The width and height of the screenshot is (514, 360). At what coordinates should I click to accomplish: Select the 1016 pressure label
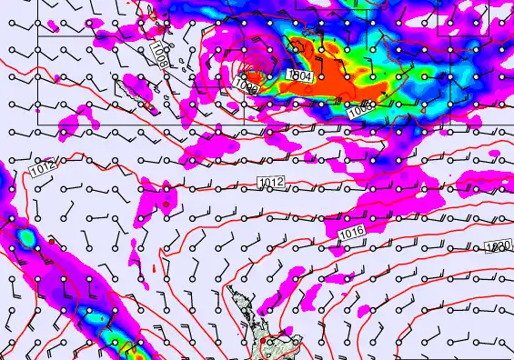[x=352, y=235]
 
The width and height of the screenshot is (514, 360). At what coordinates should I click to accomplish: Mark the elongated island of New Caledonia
[x=136, y=87]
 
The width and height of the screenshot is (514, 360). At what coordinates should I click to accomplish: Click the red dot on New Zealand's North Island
[x=264, y=343]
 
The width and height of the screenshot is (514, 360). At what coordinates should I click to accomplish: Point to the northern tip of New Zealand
[x=229, y=289]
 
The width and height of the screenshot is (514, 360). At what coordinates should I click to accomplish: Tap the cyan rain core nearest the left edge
[x=27, y=238]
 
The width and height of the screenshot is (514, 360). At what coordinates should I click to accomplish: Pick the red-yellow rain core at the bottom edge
[x=127, y=350]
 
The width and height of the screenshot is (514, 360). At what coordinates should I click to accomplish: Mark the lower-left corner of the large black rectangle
[x=37, y=124]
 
